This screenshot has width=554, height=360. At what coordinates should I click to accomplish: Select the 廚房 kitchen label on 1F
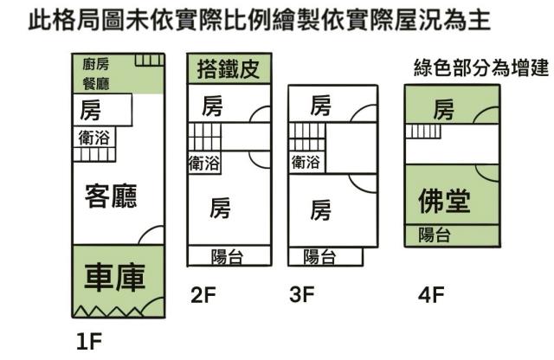[95, 64]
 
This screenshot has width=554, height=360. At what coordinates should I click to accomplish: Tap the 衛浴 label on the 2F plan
[204, 162]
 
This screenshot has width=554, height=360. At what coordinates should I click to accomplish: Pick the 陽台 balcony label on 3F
[321, 256]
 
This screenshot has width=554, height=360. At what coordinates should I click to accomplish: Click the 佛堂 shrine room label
[443, 202]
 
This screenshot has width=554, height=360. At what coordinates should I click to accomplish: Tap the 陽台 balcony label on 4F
[433, 234]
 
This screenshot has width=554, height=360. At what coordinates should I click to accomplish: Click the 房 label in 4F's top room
[443, 110]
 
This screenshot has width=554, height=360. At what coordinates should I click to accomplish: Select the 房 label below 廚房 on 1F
[89, 110]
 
